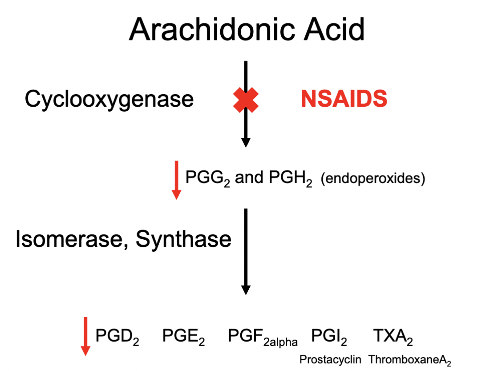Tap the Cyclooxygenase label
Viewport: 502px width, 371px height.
[109, 99]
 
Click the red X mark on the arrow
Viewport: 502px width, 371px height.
[245, 100]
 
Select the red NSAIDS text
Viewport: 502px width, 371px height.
[344, 99]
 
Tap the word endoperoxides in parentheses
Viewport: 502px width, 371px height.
[373, 179]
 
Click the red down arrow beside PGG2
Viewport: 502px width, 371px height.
[177, 180]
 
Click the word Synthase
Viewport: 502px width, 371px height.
[183, 240]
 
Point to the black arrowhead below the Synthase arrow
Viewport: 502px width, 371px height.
[245, 290]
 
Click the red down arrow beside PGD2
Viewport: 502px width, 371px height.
[86, 336]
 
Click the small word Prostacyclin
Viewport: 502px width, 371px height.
[330, 359]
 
